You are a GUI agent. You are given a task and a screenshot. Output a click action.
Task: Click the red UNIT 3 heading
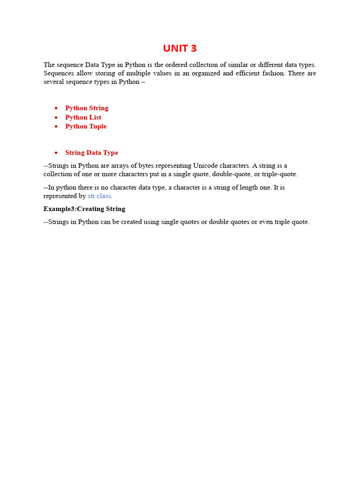click(180, 48)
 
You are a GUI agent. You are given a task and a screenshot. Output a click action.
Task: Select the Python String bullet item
click(87, 108)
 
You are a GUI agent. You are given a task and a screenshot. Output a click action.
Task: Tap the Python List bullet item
click(83, 117)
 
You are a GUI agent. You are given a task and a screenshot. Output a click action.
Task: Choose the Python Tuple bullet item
click(86, 127)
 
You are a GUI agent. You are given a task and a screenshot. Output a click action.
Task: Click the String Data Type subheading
click(91, 153)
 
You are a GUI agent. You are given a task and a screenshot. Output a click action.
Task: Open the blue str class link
click(99, 196)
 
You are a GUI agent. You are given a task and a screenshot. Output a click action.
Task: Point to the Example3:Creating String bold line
click(84, 209)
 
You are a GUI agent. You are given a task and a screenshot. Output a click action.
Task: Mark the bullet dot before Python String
click(56, 108)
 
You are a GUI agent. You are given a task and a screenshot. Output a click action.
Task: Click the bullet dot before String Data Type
click(56, 153)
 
